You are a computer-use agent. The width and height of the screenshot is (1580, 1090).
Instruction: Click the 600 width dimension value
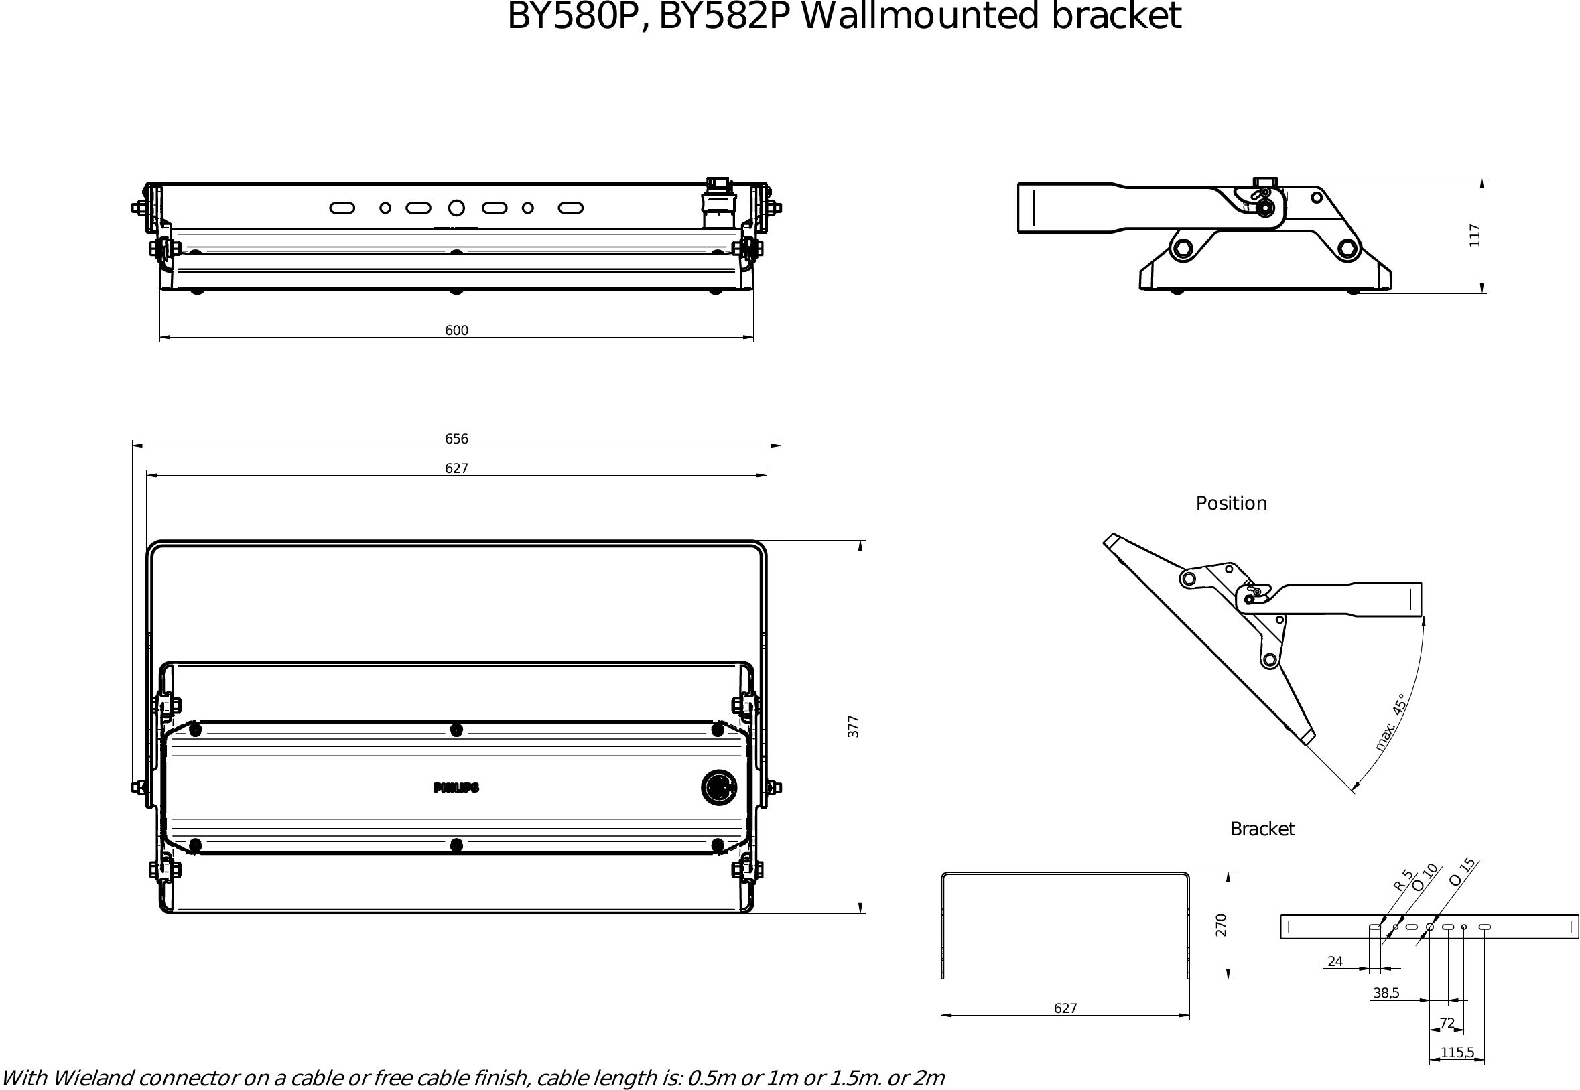point(456,330)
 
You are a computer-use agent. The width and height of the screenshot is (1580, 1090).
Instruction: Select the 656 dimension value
point(456,439)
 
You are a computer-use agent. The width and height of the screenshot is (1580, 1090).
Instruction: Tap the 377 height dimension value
point(853,726)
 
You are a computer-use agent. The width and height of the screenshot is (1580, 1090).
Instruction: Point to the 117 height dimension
point(1475,235)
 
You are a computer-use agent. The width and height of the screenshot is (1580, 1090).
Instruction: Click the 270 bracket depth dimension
point(1222,925)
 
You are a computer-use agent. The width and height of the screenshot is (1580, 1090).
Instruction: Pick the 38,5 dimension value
point(1386,994)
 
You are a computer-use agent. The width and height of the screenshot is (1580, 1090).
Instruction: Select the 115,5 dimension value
point(1457,1053)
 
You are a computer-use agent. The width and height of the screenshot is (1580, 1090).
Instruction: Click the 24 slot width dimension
point(1335,961)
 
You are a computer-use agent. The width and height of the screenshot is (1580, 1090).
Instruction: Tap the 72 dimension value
point(1447,1024)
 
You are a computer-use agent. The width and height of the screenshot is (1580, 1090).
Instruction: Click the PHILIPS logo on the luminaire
point(456,788)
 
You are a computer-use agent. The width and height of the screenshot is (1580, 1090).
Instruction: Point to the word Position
point(1231,504)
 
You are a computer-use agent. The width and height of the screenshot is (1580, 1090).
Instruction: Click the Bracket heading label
point(1262,829)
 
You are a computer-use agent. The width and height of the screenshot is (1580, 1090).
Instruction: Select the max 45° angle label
point(1390,724)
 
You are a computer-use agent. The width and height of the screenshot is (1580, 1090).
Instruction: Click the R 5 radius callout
point(1402,880)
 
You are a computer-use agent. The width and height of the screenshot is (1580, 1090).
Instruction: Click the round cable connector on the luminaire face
point(719,787)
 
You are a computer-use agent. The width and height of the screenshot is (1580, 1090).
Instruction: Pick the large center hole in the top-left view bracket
point(456,208)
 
